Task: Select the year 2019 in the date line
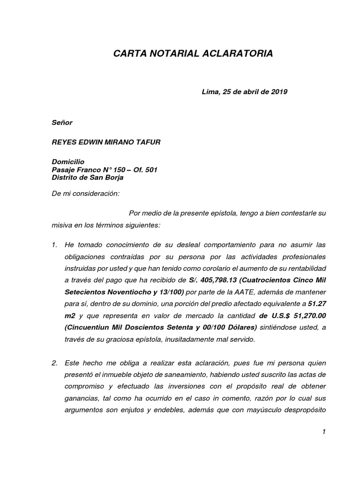point(279,92)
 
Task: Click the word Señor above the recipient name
point(62,123)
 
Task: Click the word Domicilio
point(67,162)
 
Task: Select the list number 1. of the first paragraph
point(54,245)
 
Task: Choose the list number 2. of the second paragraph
point(54,363)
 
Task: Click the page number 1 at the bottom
point(323,432)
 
